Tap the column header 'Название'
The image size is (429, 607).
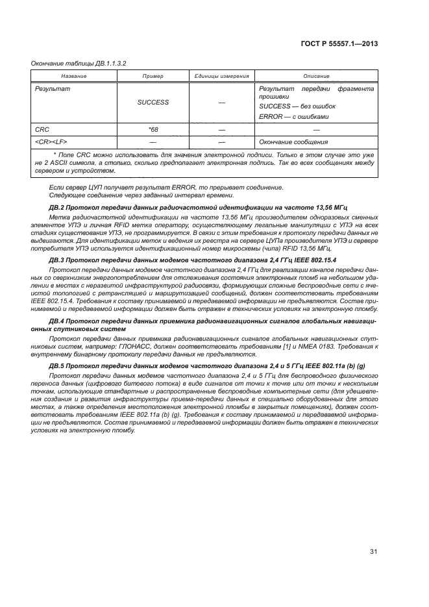coord(74,77)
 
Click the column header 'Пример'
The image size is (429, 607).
coord(153,77)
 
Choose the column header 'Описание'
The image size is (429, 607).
coord(316,77)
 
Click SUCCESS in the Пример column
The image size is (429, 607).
coord(153,102)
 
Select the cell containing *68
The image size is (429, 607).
coord(153,130)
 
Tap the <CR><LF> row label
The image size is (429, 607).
coord(51,142)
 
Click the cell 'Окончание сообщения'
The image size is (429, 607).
coord(293,142)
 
